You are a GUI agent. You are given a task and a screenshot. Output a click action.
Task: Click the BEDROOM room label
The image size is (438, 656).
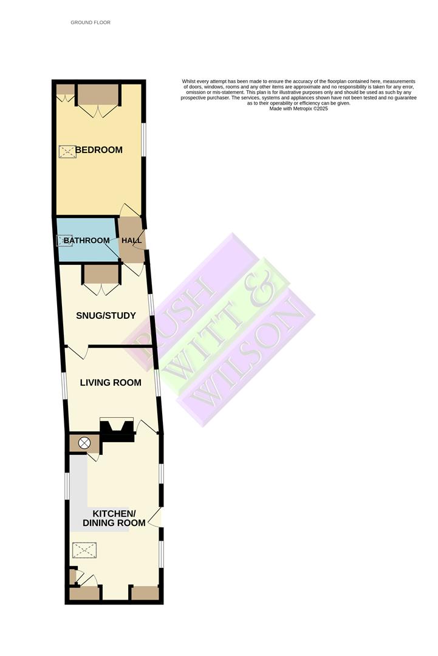[x=99, y=150]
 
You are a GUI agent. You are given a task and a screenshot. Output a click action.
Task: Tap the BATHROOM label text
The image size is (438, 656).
[x=87, y=241]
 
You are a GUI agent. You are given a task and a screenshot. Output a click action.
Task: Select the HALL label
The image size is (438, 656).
[x=132, y=241]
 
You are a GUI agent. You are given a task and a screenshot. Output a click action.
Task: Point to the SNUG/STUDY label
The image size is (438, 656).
[x=106, y=316]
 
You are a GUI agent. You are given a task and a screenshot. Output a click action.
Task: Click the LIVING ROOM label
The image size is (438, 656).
[x=111, y=383]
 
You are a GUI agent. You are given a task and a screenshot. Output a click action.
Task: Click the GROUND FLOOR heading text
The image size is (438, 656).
[x=91, y=22]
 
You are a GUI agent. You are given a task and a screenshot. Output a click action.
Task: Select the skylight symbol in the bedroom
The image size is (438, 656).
[x=67, y=152]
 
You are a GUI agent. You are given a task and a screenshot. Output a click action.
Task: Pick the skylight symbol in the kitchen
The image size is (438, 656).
[x=84, y=551]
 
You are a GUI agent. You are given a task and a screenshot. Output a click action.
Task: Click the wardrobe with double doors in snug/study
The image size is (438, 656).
[x=102, y=275]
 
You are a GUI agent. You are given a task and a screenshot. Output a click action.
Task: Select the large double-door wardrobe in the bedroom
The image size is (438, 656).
[x=97, y=95]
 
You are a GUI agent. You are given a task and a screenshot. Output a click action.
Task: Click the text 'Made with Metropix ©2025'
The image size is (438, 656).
[x=298, y=109]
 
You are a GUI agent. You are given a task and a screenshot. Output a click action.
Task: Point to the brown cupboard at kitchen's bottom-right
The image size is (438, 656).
[x=146, y=593]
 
